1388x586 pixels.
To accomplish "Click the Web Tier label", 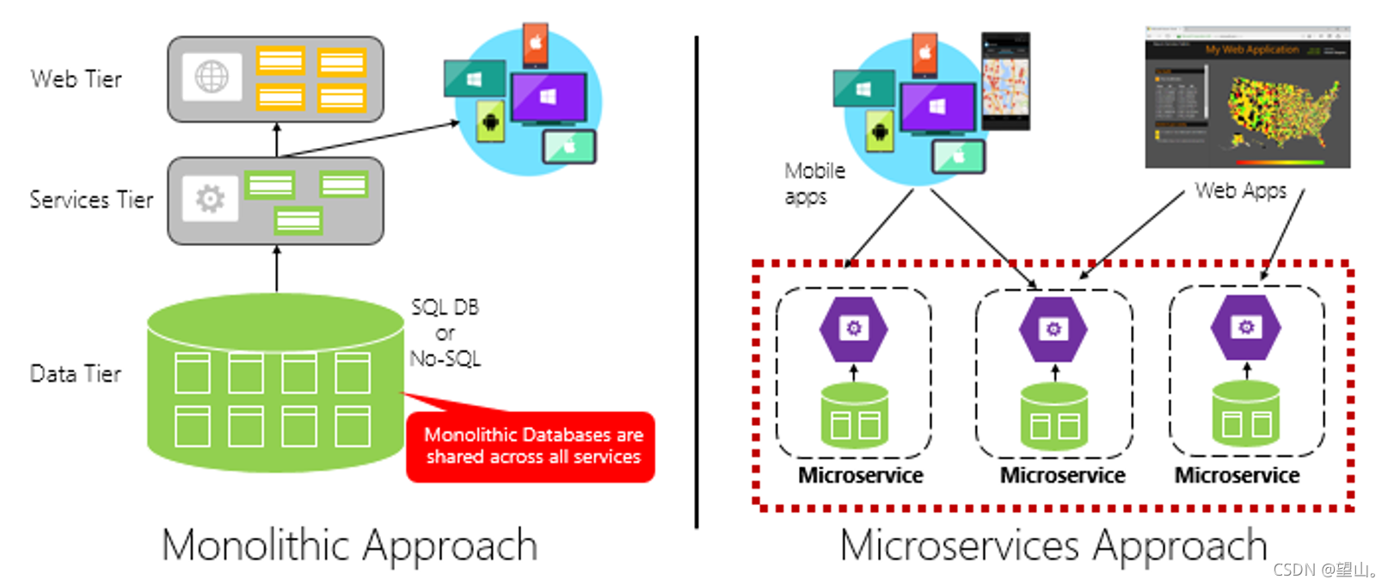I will (76, 79).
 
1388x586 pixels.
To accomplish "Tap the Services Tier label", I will (91, 200).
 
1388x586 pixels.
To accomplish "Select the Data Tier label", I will (76, 373).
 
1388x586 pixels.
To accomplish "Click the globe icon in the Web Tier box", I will (212, 77).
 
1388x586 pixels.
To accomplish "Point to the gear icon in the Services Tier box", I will (211, 199).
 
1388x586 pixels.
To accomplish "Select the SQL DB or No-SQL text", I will (445, 333).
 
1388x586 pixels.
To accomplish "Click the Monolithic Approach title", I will (349, 545).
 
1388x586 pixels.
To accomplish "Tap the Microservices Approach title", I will (1053, 545).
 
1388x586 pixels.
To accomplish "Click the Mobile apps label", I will (814, 183).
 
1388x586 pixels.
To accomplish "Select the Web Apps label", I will (1240, 190).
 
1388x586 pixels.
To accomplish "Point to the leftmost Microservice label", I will (860, 475).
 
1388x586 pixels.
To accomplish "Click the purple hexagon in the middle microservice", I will (1053, 329).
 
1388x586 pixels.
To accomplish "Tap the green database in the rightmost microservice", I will (1245, 416).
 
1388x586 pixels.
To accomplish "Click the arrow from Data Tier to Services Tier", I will (276, 268).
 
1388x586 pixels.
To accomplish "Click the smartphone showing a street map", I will (1005, 82).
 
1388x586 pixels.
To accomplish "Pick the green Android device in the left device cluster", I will (490, 121).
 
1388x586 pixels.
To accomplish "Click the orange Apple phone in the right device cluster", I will (924, 53).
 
